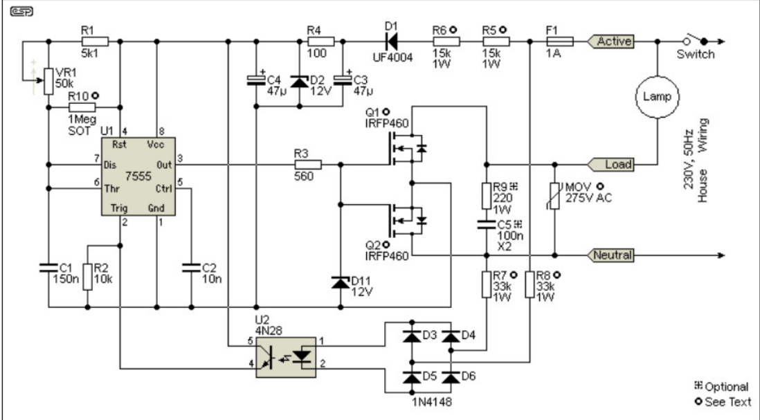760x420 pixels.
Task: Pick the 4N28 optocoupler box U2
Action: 286,357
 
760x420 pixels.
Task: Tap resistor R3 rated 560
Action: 308,165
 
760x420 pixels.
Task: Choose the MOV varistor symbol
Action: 555,194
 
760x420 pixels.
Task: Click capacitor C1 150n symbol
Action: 48,267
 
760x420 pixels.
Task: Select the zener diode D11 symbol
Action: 340,282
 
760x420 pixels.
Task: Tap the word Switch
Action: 696,55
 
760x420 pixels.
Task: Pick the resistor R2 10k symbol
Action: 87,273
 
